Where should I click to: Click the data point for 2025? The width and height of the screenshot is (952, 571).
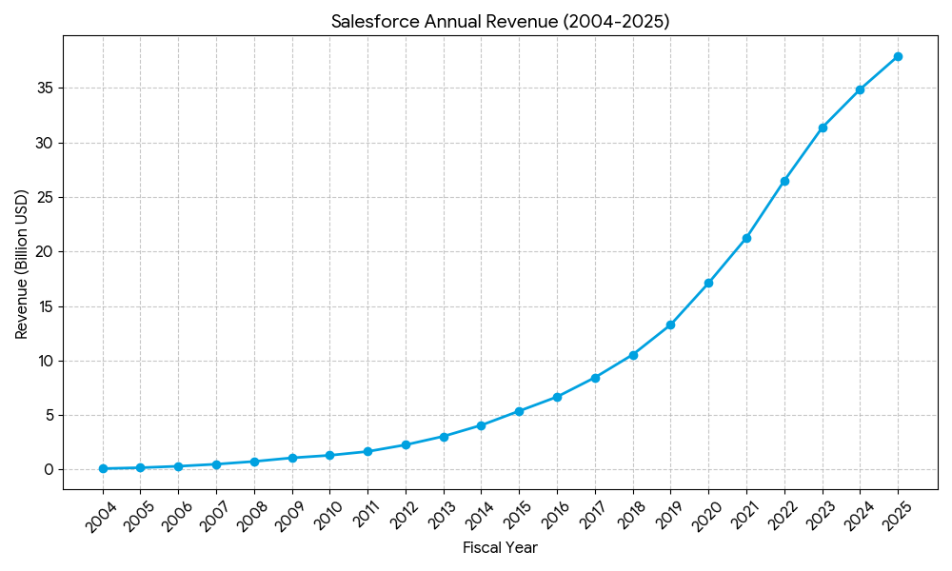click(898, 56)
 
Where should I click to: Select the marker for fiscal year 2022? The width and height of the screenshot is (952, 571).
click(784, 181)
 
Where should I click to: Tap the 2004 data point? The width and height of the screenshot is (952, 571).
click(103, 468)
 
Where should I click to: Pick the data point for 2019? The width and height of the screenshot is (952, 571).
click(670, 325)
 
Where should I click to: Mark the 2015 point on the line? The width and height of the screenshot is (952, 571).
click(519, 411)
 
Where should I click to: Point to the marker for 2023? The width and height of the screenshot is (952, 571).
click(823, 128)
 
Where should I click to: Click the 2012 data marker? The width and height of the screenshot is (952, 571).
click(406, 444)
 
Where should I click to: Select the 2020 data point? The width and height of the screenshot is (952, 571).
click(708, 283)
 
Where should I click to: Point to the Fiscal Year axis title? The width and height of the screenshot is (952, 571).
click(500, 548)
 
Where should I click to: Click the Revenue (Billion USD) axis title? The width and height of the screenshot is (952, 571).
click(22, 264)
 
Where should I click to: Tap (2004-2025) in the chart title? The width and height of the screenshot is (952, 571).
click(615, 22)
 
